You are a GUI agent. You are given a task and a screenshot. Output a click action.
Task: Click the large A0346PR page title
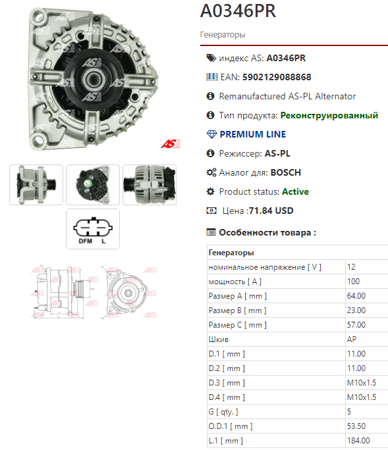click(238, 11)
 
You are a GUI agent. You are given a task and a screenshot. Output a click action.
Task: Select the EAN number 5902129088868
click(277, 77)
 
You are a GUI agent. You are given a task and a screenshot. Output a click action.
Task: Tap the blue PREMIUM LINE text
click(253, 134)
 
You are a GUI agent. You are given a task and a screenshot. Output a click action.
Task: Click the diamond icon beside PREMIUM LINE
click(211, 134)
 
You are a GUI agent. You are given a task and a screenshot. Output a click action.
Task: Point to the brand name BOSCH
click(286, 172)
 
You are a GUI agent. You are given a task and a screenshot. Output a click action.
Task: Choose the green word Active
click(296, 191)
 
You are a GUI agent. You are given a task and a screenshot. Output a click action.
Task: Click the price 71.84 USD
click(271, 211)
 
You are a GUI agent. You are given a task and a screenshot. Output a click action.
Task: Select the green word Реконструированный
click(329, 115)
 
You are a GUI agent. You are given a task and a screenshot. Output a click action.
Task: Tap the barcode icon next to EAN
click(212, 77)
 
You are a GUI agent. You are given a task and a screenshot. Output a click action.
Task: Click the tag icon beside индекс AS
click(211, 58)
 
